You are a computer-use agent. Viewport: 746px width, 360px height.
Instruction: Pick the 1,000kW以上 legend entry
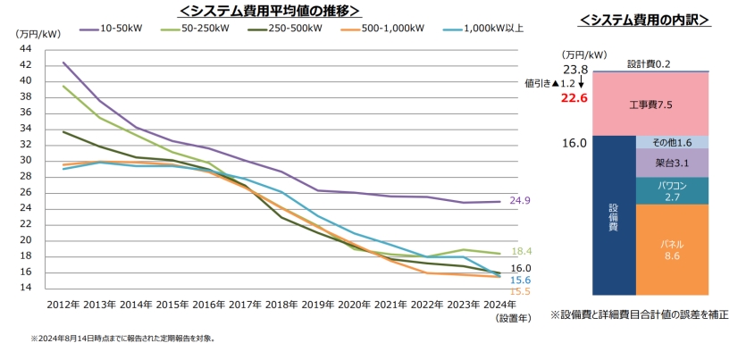[489, 29]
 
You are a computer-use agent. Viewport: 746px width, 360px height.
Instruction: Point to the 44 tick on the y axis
[24, 48]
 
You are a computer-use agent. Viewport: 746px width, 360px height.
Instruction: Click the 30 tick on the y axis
[24, 160]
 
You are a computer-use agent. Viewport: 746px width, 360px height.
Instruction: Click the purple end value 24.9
[520, 201]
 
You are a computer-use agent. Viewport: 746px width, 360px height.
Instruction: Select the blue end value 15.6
[520, 280]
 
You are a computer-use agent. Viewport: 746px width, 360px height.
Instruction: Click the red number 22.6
[574, 98]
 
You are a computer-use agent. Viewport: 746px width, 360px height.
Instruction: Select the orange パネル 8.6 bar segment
[672, 250]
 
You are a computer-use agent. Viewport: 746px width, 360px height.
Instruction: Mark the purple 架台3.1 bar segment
[672, 163]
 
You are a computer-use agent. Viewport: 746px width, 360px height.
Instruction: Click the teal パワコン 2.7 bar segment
[672, 190]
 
